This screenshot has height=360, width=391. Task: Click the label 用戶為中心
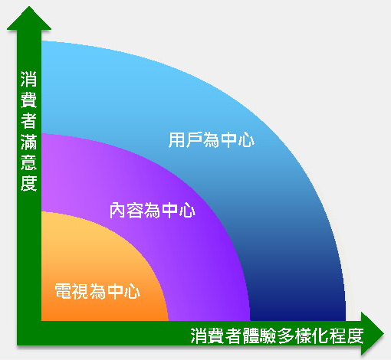coord(212,139)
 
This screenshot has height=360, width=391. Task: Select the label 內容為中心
coord(153,210)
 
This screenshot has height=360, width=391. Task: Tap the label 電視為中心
coord(97,291)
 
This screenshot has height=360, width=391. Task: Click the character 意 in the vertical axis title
coord(29,162)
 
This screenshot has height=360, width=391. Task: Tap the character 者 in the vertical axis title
coord(29,120)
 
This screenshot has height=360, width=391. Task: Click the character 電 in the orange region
coord(63,291)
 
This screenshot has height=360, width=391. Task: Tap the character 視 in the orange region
coord(80,291)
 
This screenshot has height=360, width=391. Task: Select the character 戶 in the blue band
coord(194,139)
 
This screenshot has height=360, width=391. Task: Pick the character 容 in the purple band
coord(135,210)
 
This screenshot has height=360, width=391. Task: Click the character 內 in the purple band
coord(118,210)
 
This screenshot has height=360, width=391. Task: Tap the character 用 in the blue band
coord(177,139)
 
